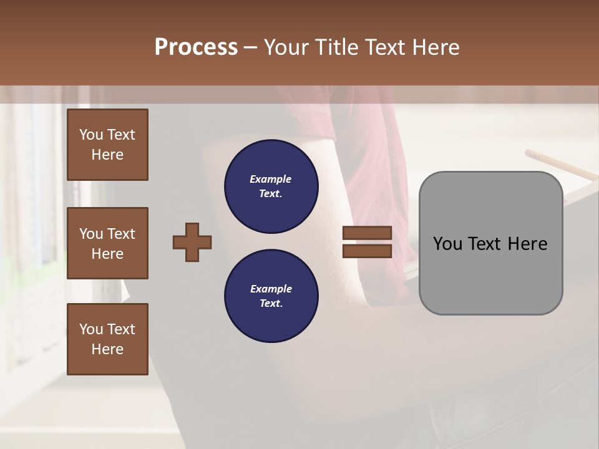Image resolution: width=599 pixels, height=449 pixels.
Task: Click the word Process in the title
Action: pos(196,47)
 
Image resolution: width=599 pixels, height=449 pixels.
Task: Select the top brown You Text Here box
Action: pos(107,145)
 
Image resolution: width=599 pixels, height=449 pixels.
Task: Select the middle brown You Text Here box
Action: pos(107,243)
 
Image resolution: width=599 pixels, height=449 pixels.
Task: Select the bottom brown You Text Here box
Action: pos(107,339)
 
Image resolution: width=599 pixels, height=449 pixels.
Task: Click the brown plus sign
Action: pos(192,242)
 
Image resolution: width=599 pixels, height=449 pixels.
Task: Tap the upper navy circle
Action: pos(271,186)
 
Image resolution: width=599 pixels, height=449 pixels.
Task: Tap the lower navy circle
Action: pos(271,296)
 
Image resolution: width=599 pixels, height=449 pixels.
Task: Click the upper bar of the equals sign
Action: pos(367,233)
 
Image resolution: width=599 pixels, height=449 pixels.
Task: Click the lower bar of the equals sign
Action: pos(367,251)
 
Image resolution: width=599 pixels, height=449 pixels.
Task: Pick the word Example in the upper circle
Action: pos(271,179)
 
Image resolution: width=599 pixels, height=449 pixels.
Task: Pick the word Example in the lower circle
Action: pos(271,289)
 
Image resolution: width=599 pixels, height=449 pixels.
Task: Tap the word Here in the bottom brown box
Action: pos(107,349)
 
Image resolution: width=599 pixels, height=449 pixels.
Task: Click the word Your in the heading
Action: pos(287,47)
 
